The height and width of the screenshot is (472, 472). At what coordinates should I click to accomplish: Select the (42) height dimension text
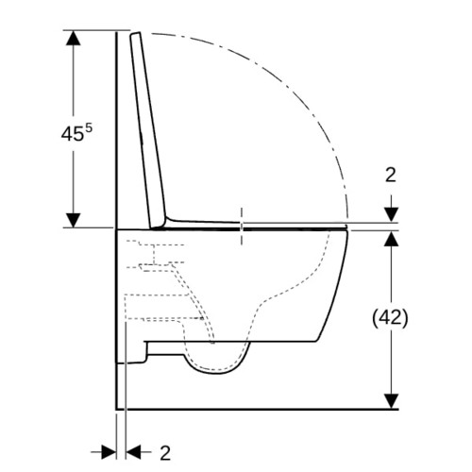coord(390,318)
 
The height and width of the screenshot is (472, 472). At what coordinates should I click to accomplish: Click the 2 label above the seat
coord(391,175)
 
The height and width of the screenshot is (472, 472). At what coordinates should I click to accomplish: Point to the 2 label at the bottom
coord(165,453)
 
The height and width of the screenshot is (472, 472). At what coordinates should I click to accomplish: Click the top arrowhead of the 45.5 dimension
coord(74,38)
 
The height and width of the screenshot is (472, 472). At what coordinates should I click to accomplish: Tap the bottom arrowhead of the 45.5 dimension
coord(74,220)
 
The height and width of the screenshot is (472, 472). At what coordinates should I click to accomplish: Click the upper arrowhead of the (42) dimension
coord(392,239)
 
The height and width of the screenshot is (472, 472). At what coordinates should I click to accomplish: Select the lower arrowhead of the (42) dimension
coord(392,401)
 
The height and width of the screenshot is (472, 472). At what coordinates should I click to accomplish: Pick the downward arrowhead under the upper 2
coord(392,214)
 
